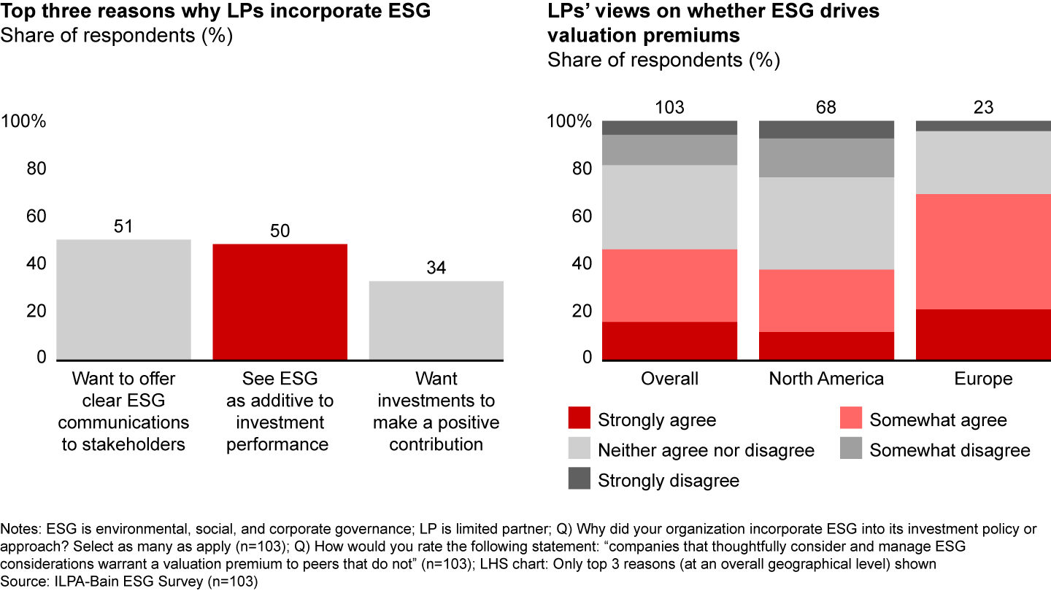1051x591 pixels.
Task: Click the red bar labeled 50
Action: click(x=280, y=301)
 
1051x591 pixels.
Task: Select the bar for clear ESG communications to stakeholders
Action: click(x=123, y=299)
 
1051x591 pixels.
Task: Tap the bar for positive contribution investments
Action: click(x=436, y=320)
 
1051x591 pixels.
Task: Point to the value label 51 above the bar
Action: click(x=123, y=226)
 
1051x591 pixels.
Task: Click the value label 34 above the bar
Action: click(x=436, y=268)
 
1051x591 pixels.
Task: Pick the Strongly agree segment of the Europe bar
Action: click(x=983, y=334)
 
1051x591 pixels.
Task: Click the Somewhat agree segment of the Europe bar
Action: click(x=983, y=252)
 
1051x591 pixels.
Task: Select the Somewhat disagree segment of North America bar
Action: click(x=826, y=158)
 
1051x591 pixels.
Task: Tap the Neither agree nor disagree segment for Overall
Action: click(x=669, y=207)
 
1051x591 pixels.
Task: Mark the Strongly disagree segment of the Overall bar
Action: click(x=669, y=128)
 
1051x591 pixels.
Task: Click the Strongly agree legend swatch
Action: click(x=578, y=420)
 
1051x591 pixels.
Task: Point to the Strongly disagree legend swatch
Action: click(x=578, y=480)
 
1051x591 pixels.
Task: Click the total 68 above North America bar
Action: click(x=826, y=108)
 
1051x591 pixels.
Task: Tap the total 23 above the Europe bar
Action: click(x=983, y=108)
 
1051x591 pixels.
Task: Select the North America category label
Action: click(x=826, y=379)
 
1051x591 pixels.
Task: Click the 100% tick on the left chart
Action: click(x=23, y=121)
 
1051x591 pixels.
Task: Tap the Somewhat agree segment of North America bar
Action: click(x=826, y=301)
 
